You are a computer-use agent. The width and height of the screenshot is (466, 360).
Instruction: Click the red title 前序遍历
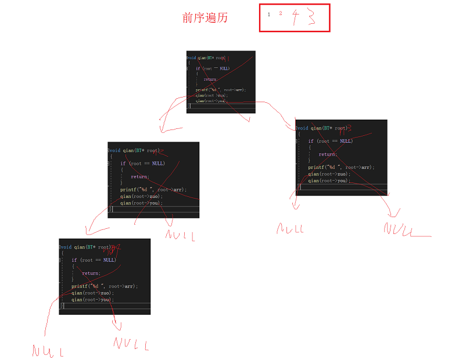(x=205, y=18)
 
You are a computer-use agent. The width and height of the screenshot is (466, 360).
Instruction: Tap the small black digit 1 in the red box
(x=268, y=14)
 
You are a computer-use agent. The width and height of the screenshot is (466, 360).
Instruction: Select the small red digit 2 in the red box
(x=281, y=13)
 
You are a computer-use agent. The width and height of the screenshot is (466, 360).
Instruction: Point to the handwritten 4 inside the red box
(x=296, y=18)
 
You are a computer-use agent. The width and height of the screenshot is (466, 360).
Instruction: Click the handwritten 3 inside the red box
(x=312, y=17)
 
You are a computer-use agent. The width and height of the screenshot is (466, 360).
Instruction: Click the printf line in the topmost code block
(x=220, y=90)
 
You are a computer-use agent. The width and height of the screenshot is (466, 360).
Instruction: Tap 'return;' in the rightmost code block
(x=327, y=154)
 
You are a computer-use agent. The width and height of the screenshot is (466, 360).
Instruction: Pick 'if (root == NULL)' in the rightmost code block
(x=330, y=141)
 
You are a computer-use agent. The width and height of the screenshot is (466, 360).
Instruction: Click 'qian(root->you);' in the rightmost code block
(x=329, y=181)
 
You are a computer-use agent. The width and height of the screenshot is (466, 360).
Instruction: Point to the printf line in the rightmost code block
(x=341, y=167)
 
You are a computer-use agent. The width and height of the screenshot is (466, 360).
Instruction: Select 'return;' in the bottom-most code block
(x=91, y=273)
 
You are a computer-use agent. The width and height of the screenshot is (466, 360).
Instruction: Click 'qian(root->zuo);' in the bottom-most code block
(x=93, y=293)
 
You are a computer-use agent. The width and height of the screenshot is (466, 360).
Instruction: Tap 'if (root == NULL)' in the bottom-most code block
(x=94, y=260)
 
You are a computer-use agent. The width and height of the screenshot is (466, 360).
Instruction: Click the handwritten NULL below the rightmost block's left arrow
(x=290, y=228)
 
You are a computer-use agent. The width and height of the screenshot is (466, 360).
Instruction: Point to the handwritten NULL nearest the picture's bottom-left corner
(x=48, y=351)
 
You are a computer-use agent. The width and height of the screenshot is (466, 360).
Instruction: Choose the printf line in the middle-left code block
(x=153, y=190)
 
